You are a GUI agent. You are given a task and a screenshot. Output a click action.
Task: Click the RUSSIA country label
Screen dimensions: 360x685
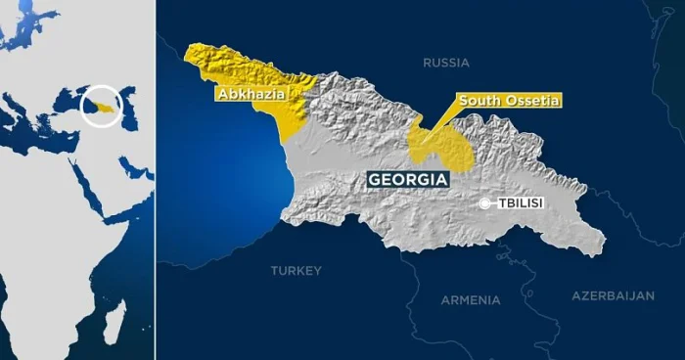[446, 63]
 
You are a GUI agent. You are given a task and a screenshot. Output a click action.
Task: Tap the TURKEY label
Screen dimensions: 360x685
[296, 270]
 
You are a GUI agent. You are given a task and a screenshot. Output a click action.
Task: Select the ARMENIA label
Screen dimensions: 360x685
[470, 300]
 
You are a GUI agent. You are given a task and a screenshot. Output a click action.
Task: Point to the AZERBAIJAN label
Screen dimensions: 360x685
[613, 294]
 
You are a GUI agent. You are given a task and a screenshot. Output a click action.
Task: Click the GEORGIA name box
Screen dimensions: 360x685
[408, 180]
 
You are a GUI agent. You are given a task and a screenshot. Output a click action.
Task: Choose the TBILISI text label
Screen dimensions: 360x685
[521, 203]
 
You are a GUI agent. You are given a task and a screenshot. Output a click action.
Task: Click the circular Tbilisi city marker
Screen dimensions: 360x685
[485, 203]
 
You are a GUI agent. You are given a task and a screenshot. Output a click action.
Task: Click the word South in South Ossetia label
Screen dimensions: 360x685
[479, 101]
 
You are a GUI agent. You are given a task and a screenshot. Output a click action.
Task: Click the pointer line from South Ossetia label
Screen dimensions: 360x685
[440, 118]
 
